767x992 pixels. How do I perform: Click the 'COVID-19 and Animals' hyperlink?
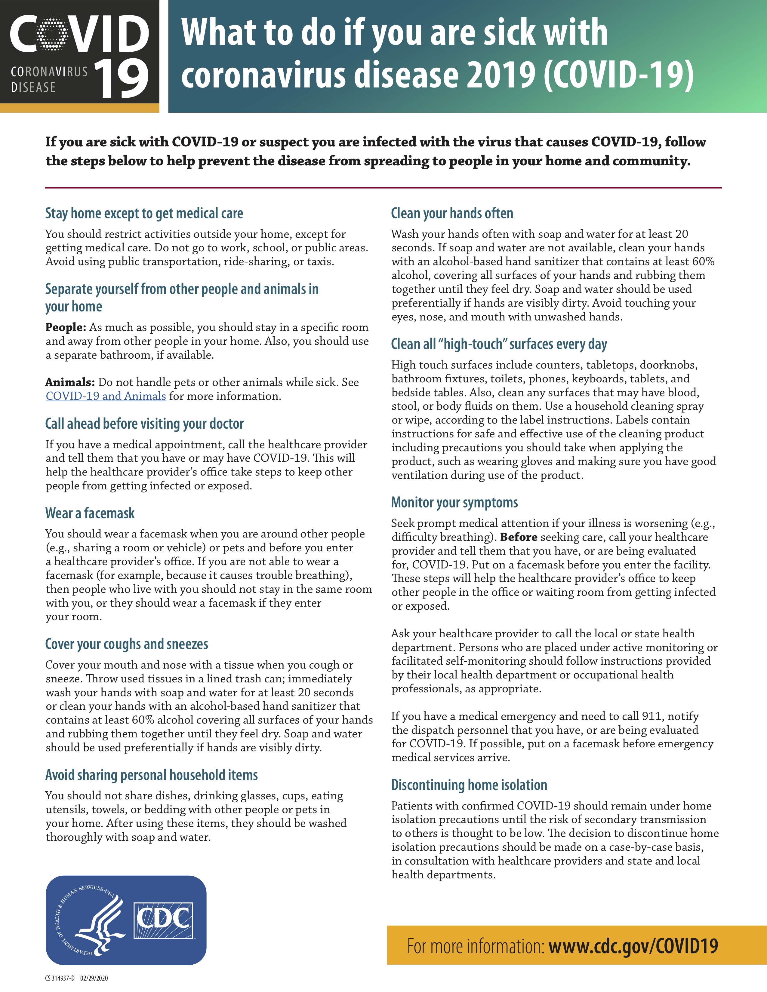(106, 396)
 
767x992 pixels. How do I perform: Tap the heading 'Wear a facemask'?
(90, 513)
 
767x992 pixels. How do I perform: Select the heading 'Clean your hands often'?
(452, 213)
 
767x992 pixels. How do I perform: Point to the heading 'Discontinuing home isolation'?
(469, 785)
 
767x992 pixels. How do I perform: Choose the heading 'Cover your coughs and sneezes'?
(127, 644)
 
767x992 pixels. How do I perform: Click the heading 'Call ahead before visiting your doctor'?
(144, 424)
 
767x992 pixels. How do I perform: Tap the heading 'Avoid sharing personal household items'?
(151, 775)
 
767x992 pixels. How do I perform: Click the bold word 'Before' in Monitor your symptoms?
(519, 537)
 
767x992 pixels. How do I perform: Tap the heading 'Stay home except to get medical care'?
(144, 213)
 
